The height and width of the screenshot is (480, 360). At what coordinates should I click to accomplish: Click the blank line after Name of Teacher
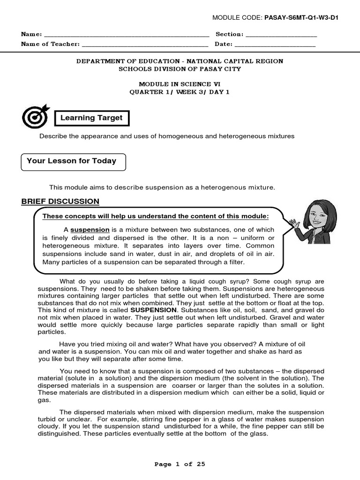tap(145, 45)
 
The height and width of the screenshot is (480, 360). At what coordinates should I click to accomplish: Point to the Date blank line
tap(275, 45)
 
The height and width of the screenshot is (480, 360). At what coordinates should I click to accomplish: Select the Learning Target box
tap(91, 118)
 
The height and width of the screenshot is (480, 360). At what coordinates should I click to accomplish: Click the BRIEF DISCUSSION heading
tap(60, 202)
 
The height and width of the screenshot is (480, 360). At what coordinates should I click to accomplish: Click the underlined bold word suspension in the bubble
tap(90, 230)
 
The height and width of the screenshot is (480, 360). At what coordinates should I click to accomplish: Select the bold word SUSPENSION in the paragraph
tap(154, 310)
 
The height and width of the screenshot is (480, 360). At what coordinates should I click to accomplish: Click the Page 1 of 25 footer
tap(180, 464)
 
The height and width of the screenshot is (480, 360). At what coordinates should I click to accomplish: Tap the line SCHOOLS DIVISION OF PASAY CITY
tap(180, 69)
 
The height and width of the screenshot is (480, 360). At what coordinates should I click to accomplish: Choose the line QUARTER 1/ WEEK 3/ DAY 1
tap(180, 92)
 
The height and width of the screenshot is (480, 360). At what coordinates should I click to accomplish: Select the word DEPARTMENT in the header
tap(99, 61)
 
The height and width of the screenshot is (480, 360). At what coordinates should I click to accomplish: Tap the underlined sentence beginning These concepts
tap(156, 216)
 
